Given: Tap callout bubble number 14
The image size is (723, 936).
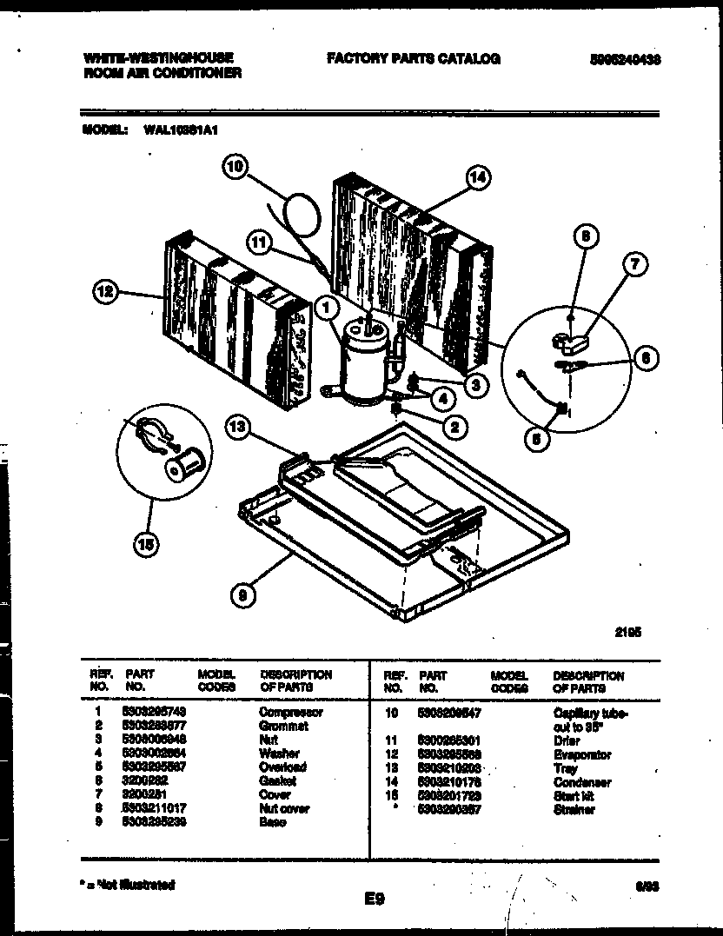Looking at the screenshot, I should click(477, 178).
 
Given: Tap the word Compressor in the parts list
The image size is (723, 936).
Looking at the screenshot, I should click(290, 713).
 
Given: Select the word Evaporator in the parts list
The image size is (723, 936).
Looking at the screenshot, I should click(581, 755).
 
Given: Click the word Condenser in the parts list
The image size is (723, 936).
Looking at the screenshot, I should click(581, 783).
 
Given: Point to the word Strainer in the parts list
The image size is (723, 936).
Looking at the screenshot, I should click(574, 810).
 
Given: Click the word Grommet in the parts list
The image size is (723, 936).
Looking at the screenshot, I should click(283, 726).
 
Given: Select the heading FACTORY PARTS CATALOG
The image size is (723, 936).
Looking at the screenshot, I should click(413, 59).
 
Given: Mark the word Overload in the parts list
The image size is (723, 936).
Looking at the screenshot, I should click(282, 767).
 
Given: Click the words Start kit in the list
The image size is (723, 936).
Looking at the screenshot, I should click(573, 796).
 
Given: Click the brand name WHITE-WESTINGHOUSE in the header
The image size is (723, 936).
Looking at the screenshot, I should click(157, 58).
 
